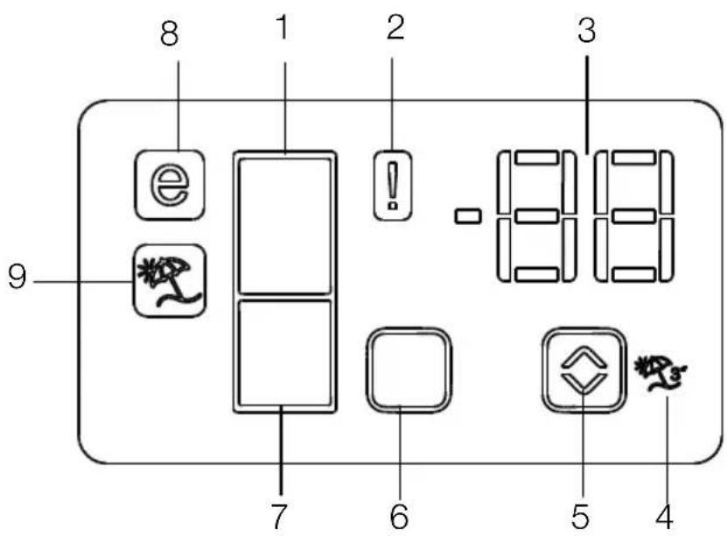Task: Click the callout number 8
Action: click(x=169, y=34)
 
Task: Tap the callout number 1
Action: click(x=283, y=27)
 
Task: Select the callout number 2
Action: click(x=395, y=27)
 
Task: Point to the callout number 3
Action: click(x=586, y=31)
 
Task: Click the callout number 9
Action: click(x=17, y=278)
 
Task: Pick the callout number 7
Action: click(x=279, y=516)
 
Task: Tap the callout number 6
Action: click(x=399, y=516)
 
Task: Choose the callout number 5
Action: click(x=580, y=516)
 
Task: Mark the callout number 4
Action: click(x=664, y=516)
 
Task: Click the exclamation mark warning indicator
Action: click(x=393, y=185)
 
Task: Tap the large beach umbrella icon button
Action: click(x=170, y=281)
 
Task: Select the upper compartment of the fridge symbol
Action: click(x=284, y=226)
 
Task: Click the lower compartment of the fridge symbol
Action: click(x=284, y=353)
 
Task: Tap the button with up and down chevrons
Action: click(x=584, y=370)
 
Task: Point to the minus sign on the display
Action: click(x=468, y=216)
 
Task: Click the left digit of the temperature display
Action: click(x=536, y=215)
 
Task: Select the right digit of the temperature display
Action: click(x=633, y=215)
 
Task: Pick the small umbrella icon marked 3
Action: click(x=661, y=374)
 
